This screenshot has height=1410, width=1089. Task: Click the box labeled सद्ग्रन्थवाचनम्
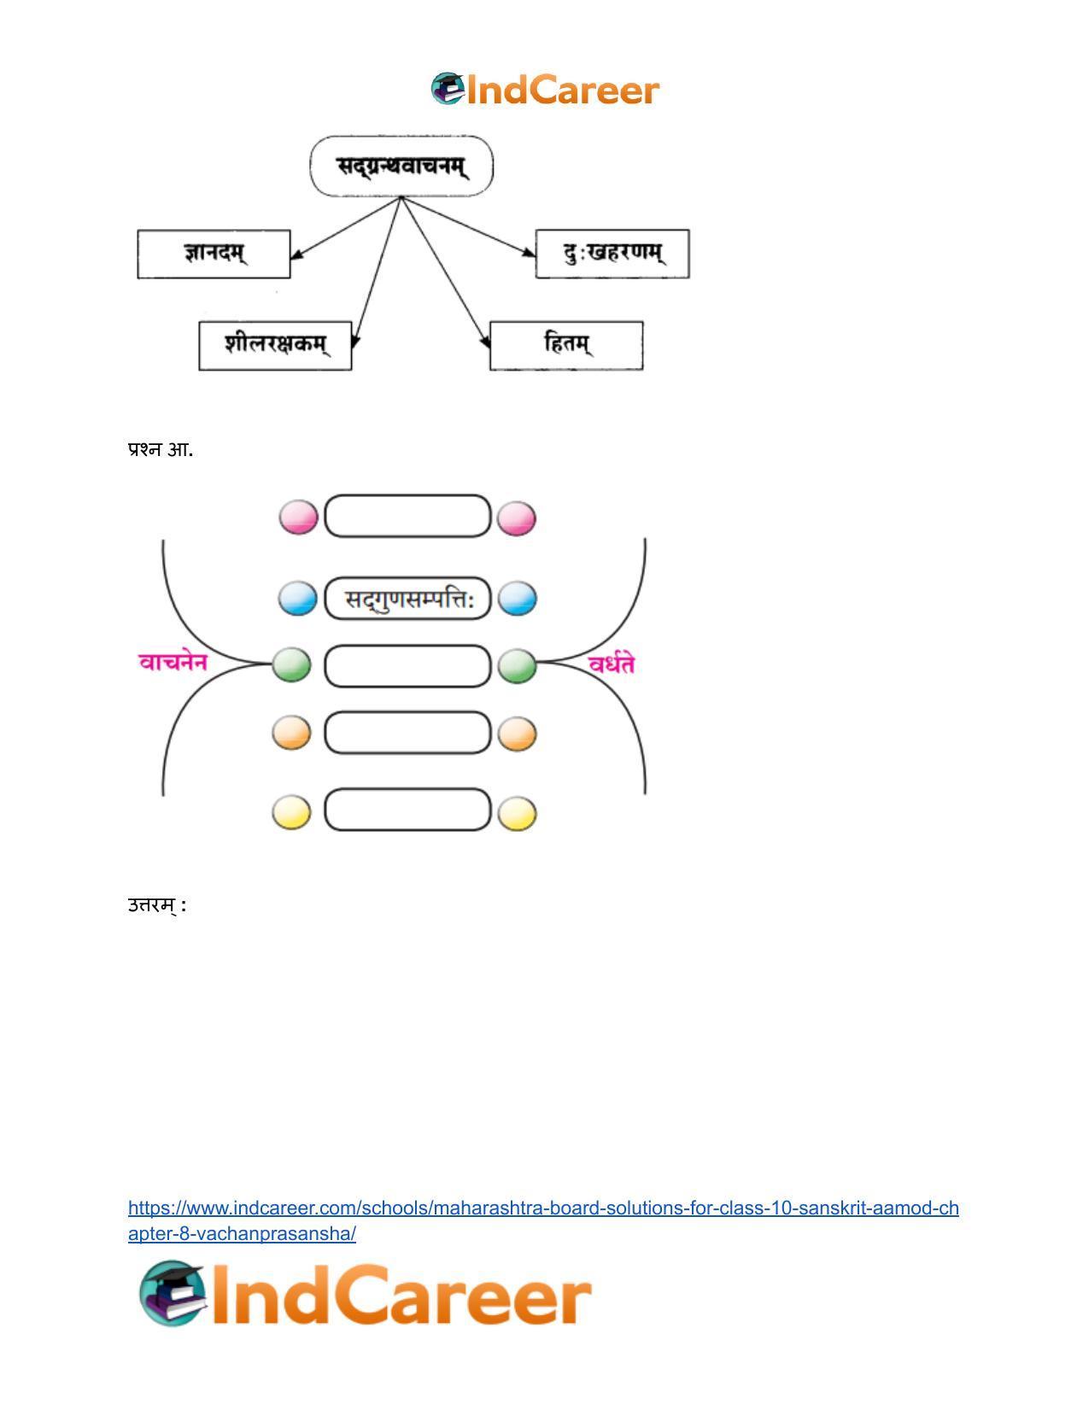point(401,166)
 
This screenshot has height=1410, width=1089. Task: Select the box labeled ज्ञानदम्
point(214,254)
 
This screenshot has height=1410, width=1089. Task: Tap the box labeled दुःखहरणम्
point(612,254)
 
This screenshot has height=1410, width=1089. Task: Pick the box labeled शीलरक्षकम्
point(275,345)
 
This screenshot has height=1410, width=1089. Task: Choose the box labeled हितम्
point(566,345)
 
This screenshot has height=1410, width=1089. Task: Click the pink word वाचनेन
point(173,662)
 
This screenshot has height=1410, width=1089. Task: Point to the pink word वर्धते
point(611,663)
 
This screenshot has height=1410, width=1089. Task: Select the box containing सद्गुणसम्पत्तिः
point(407,599)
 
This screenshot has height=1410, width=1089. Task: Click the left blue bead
point(298,599)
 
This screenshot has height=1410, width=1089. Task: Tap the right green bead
point(518,665)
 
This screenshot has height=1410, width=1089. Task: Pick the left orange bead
point(291,733)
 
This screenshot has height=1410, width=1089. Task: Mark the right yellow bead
point(518,813)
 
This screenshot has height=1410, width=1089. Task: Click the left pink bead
point(299,518)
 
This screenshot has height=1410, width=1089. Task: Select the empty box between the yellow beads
point(407,810)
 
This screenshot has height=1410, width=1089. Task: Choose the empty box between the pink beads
point(407,516)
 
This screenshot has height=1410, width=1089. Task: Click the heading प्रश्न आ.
point(161,449)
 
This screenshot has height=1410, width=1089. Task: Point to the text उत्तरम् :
point(157,905)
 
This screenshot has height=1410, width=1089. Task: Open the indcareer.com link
point(543,1220)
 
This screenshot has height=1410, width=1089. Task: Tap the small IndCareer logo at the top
point(545,89)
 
